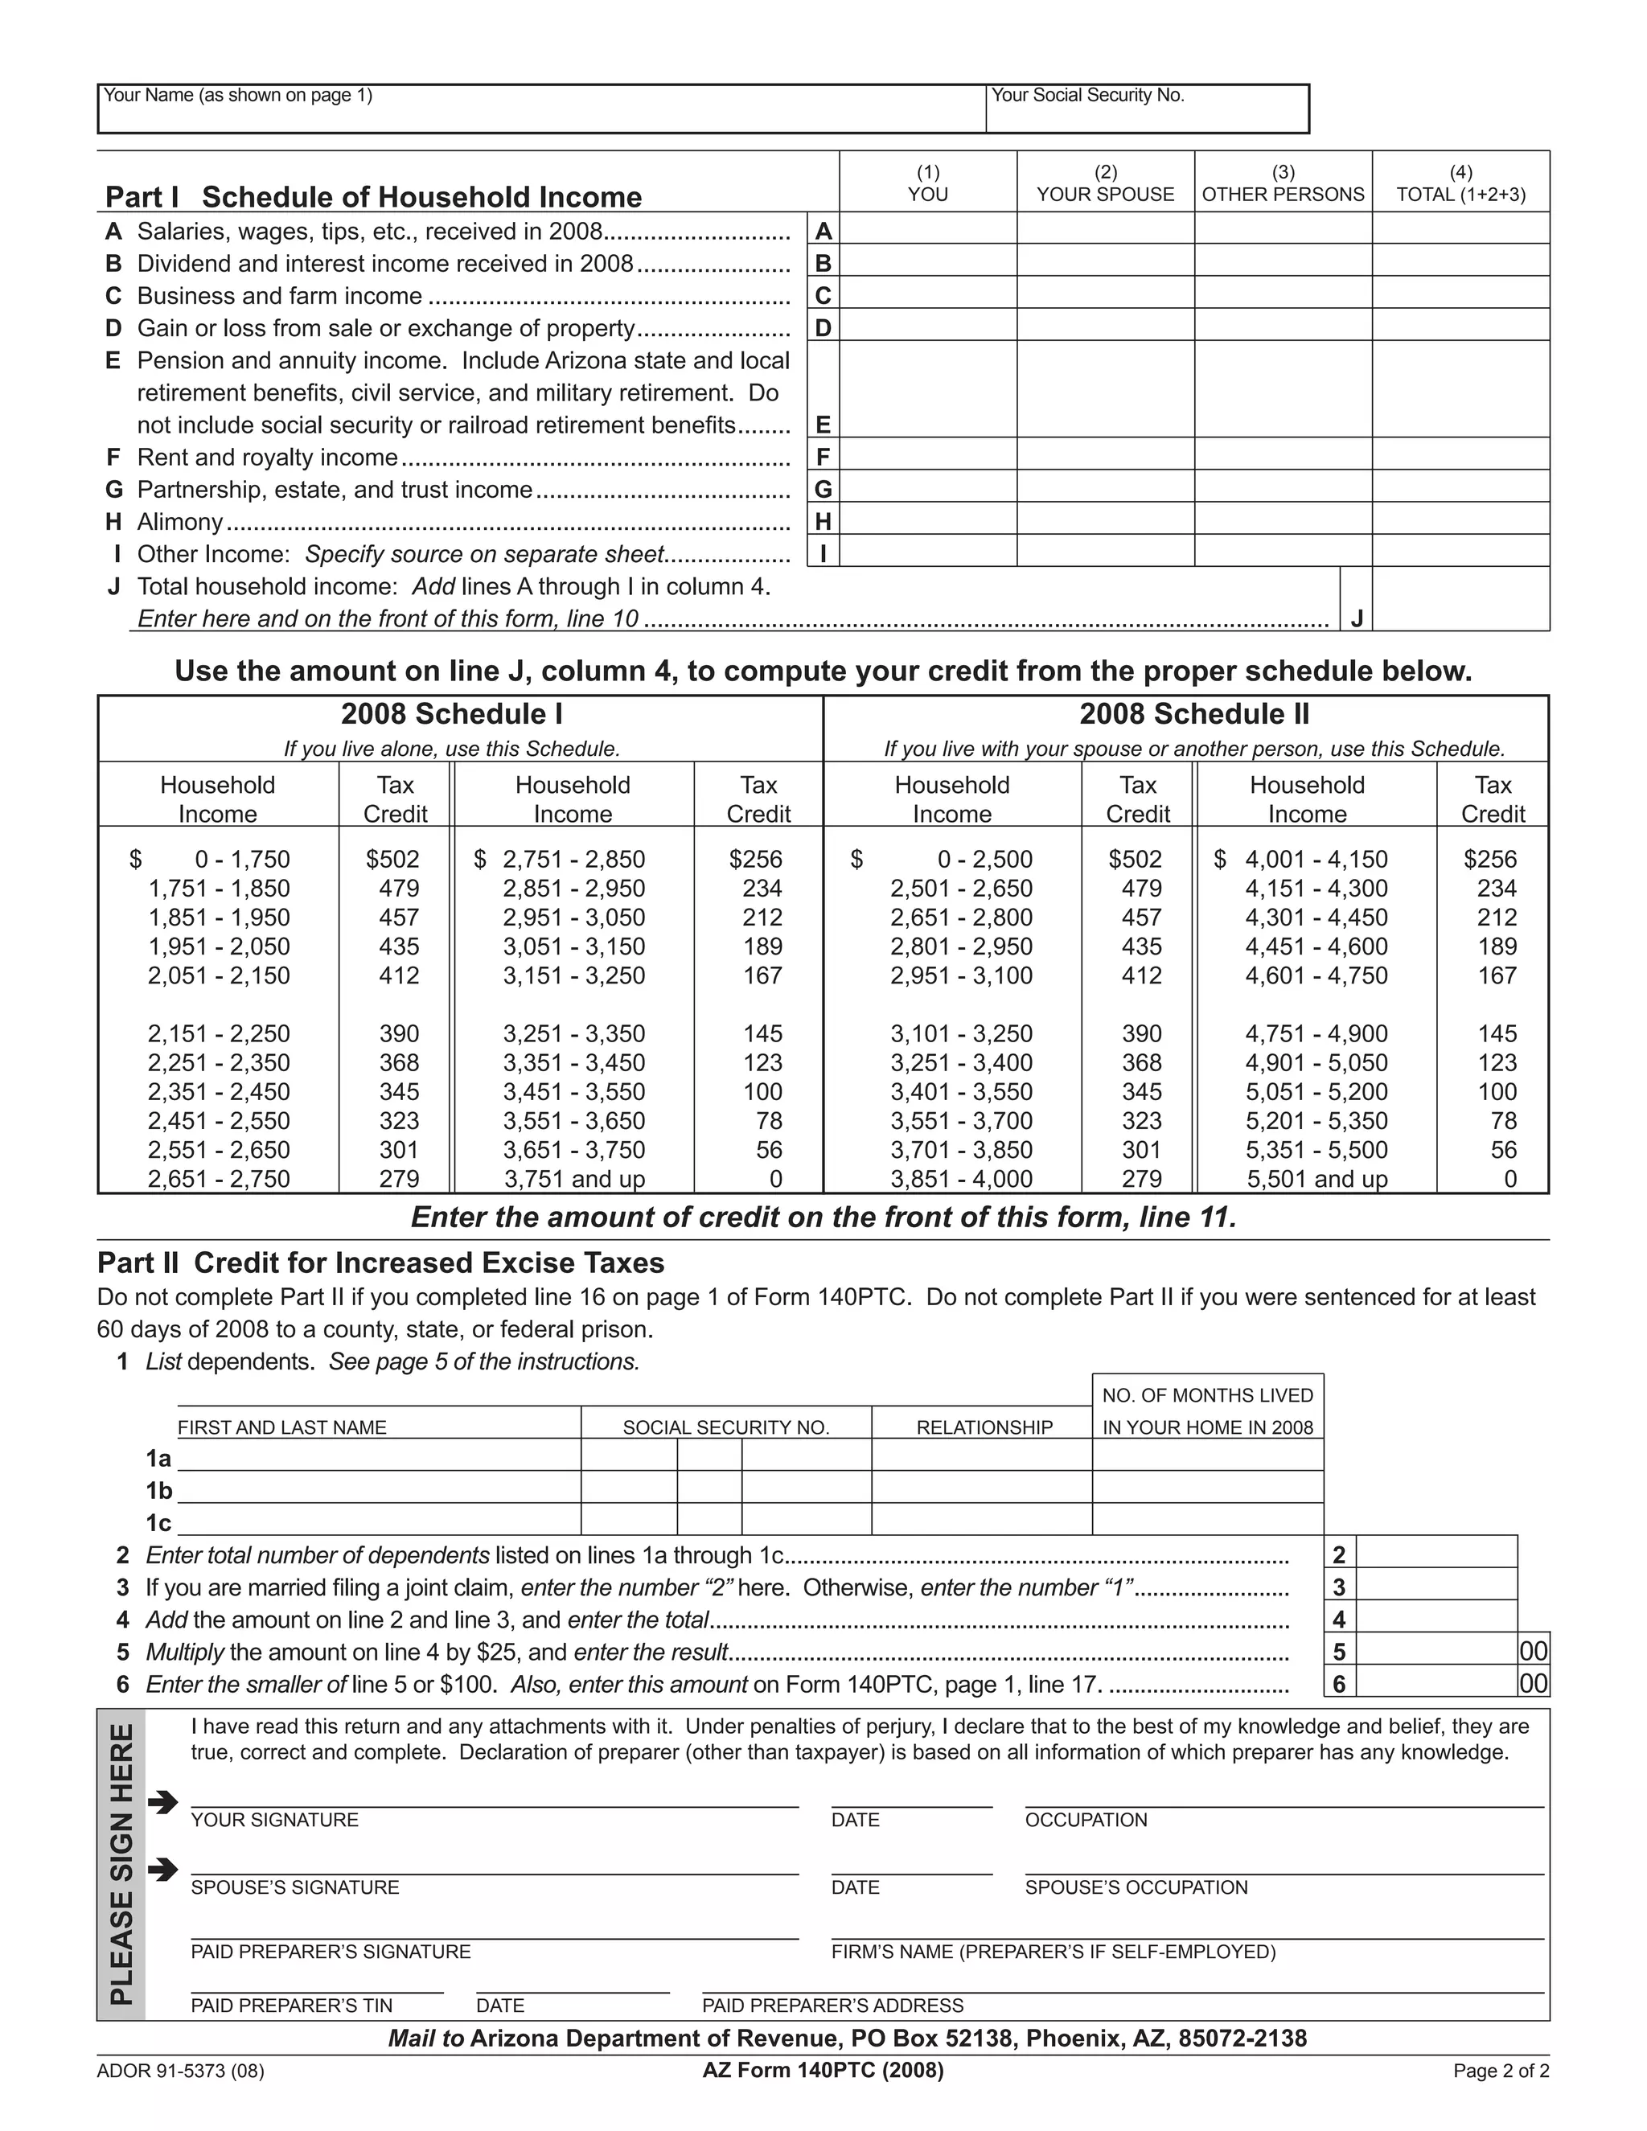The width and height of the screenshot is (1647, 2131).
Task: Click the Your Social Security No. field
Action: coord(1147,115)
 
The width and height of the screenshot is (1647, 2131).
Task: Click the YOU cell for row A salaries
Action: coord(928,229)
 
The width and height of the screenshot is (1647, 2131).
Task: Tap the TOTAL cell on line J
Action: coord(1460,599)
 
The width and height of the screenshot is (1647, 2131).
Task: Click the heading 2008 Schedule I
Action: coord(452,714)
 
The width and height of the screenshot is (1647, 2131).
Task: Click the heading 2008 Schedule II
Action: coord(1194,714)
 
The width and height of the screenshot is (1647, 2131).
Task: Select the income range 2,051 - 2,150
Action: coord(219,975)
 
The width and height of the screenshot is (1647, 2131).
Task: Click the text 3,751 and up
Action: coord(575,1179)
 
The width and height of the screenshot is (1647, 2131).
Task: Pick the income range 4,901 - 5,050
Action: coord(1316,1062)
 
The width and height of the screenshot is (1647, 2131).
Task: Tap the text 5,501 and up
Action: coord(1316,1179)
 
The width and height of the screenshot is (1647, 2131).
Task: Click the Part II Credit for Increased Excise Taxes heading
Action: coord(380,1263)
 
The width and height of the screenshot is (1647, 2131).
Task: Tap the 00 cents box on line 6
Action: coord(1533,1683)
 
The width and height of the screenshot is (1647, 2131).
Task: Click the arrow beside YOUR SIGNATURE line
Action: coord(163,1802)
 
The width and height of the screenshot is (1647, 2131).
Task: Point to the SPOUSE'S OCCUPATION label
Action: coord(1136,1887)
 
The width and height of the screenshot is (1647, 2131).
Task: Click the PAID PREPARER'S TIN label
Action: coord(292,2005)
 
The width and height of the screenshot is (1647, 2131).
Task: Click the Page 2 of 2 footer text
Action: coord(1501,2071)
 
